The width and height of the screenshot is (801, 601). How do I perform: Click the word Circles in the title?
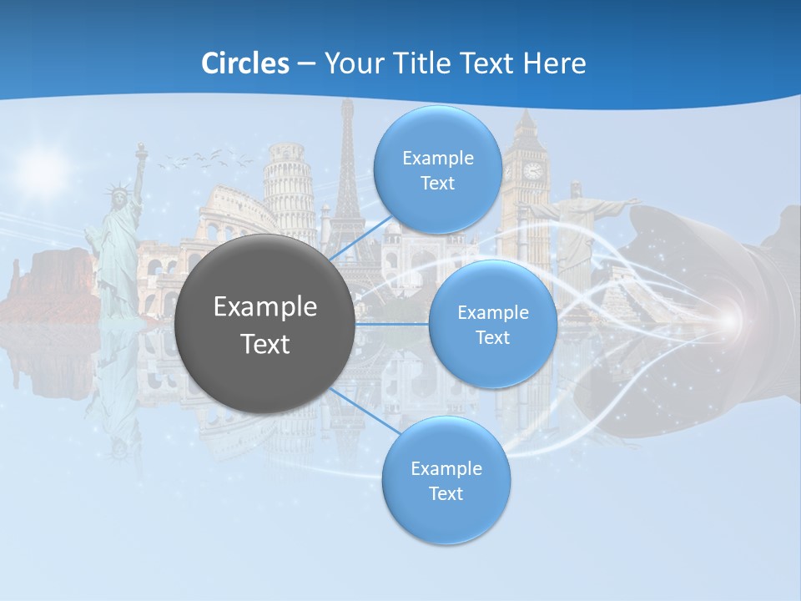coord(244,63)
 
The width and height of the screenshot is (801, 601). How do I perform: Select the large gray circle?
coord(264,324)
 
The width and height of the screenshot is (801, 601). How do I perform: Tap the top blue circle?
coord(437,169)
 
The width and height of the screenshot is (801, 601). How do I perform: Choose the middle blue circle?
coord(492,324)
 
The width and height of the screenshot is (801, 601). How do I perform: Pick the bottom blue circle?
coord(446,480)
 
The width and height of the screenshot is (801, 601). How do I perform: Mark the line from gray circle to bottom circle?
coord(360,410)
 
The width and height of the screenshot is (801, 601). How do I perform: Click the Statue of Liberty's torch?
coord(141,150)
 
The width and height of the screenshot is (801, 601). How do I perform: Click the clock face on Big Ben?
coord(532,170)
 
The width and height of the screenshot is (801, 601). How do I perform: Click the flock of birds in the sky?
coord(200,158)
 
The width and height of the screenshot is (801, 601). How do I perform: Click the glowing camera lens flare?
coord(729,320)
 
